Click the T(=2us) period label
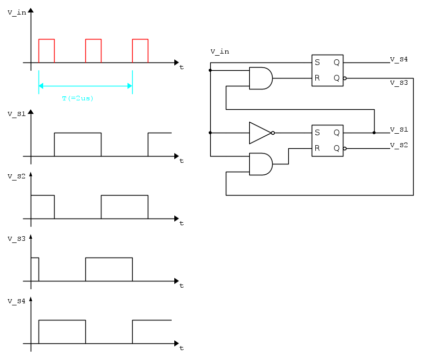point(78,98)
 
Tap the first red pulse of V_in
point(46,51)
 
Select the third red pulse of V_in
point(140,51)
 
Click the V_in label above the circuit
point(220,52)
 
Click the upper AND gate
point(261,79)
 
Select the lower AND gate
point(261,164)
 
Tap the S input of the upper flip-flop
point(317,62)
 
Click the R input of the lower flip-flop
point(317,148)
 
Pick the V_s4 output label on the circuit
point(399,59)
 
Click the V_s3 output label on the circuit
point(399,83)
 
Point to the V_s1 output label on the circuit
point(399,130)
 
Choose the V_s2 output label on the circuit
point(399,145)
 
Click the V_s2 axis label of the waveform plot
point(17,176)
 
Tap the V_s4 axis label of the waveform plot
point(17,301)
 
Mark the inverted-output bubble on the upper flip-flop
point(345,79)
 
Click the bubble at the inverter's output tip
point(273,133)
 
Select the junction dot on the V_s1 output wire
point(374,133)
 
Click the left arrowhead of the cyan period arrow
point(41,86)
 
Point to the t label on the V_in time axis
point(182,67)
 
